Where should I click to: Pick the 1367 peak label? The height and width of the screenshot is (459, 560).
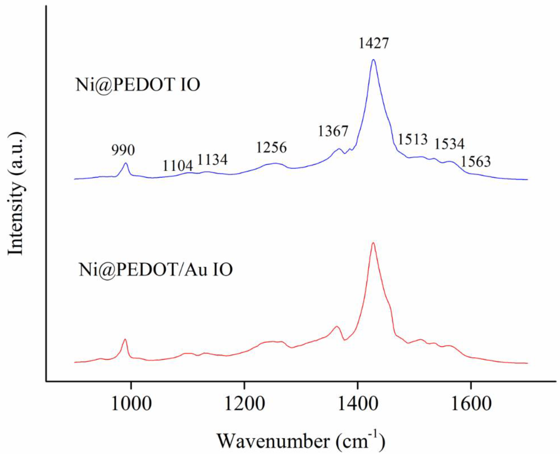click(333, 131)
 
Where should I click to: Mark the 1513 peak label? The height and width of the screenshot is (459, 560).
click(413, 139)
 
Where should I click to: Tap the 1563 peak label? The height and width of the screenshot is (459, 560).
click(476, 162)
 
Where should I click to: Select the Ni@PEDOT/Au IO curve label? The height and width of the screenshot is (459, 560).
click(156, 270)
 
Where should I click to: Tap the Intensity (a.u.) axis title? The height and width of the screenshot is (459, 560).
click(16, 194)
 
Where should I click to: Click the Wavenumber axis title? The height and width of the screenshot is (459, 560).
click(301, 441)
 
